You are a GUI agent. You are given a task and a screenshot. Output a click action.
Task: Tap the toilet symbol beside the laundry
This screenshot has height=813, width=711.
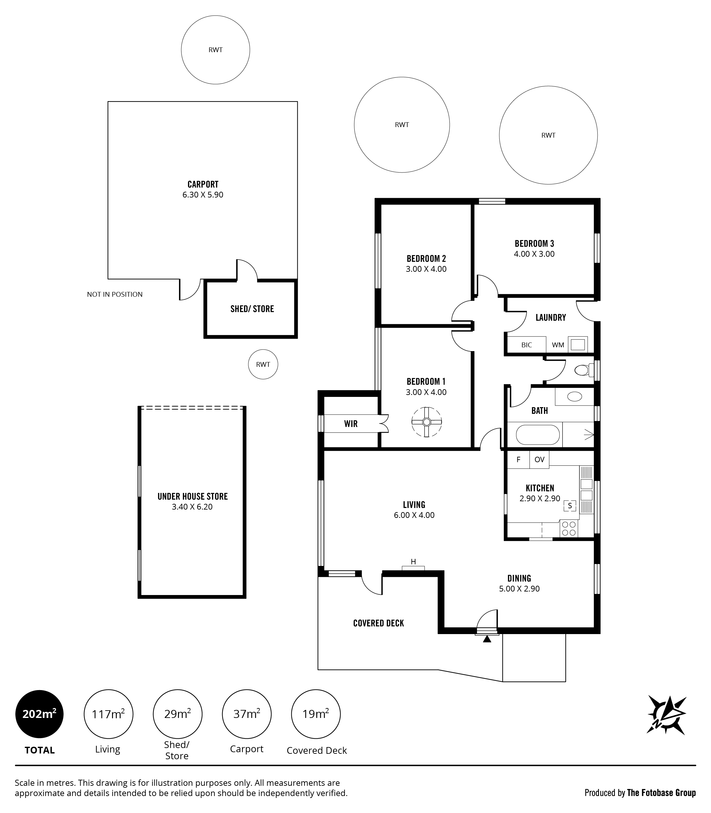pos(584,370)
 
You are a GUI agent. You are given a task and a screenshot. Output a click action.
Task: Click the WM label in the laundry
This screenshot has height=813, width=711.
pos(558,345)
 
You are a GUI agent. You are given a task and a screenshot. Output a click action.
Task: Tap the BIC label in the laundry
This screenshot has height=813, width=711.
pos(527,345)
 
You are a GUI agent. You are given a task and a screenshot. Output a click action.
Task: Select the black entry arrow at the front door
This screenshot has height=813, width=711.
pos(487,639)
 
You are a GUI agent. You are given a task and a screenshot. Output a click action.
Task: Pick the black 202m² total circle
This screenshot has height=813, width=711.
pos(39,714)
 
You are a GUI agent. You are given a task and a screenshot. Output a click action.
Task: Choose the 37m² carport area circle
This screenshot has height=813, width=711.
pos(247,714)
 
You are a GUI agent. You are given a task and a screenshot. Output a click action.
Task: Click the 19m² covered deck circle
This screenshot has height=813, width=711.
pos(316,714)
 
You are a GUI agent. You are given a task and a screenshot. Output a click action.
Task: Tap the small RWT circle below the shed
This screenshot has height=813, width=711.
pos(263,364)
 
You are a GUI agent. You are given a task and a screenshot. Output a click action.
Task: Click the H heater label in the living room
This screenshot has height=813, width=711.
pos(413,561)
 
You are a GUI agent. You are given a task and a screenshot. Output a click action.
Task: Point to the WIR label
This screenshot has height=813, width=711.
pos(351,424)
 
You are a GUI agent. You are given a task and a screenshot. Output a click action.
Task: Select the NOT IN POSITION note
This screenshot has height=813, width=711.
pos(115,294)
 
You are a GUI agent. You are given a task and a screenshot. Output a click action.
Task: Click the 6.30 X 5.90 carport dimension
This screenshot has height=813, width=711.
pos(203,195)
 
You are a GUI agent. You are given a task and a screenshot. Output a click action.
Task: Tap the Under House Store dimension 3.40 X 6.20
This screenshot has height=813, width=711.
pos(192,507)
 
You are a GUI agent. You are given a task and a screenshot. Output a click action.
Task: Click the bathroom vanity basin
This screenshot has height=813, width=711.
pos(575,396)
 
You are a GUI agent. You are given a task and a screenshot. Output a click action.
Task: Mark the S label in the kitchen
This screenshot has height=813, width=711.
pos(570,505)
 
